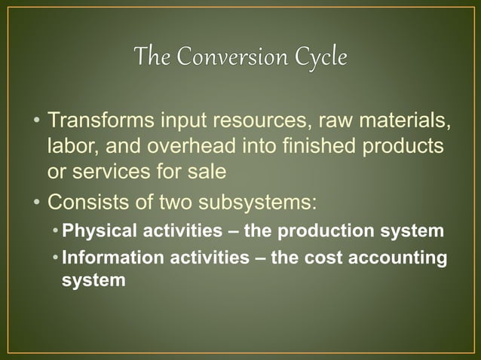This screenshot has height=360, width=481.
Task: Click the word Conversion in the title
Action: [x=228, y=57]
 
